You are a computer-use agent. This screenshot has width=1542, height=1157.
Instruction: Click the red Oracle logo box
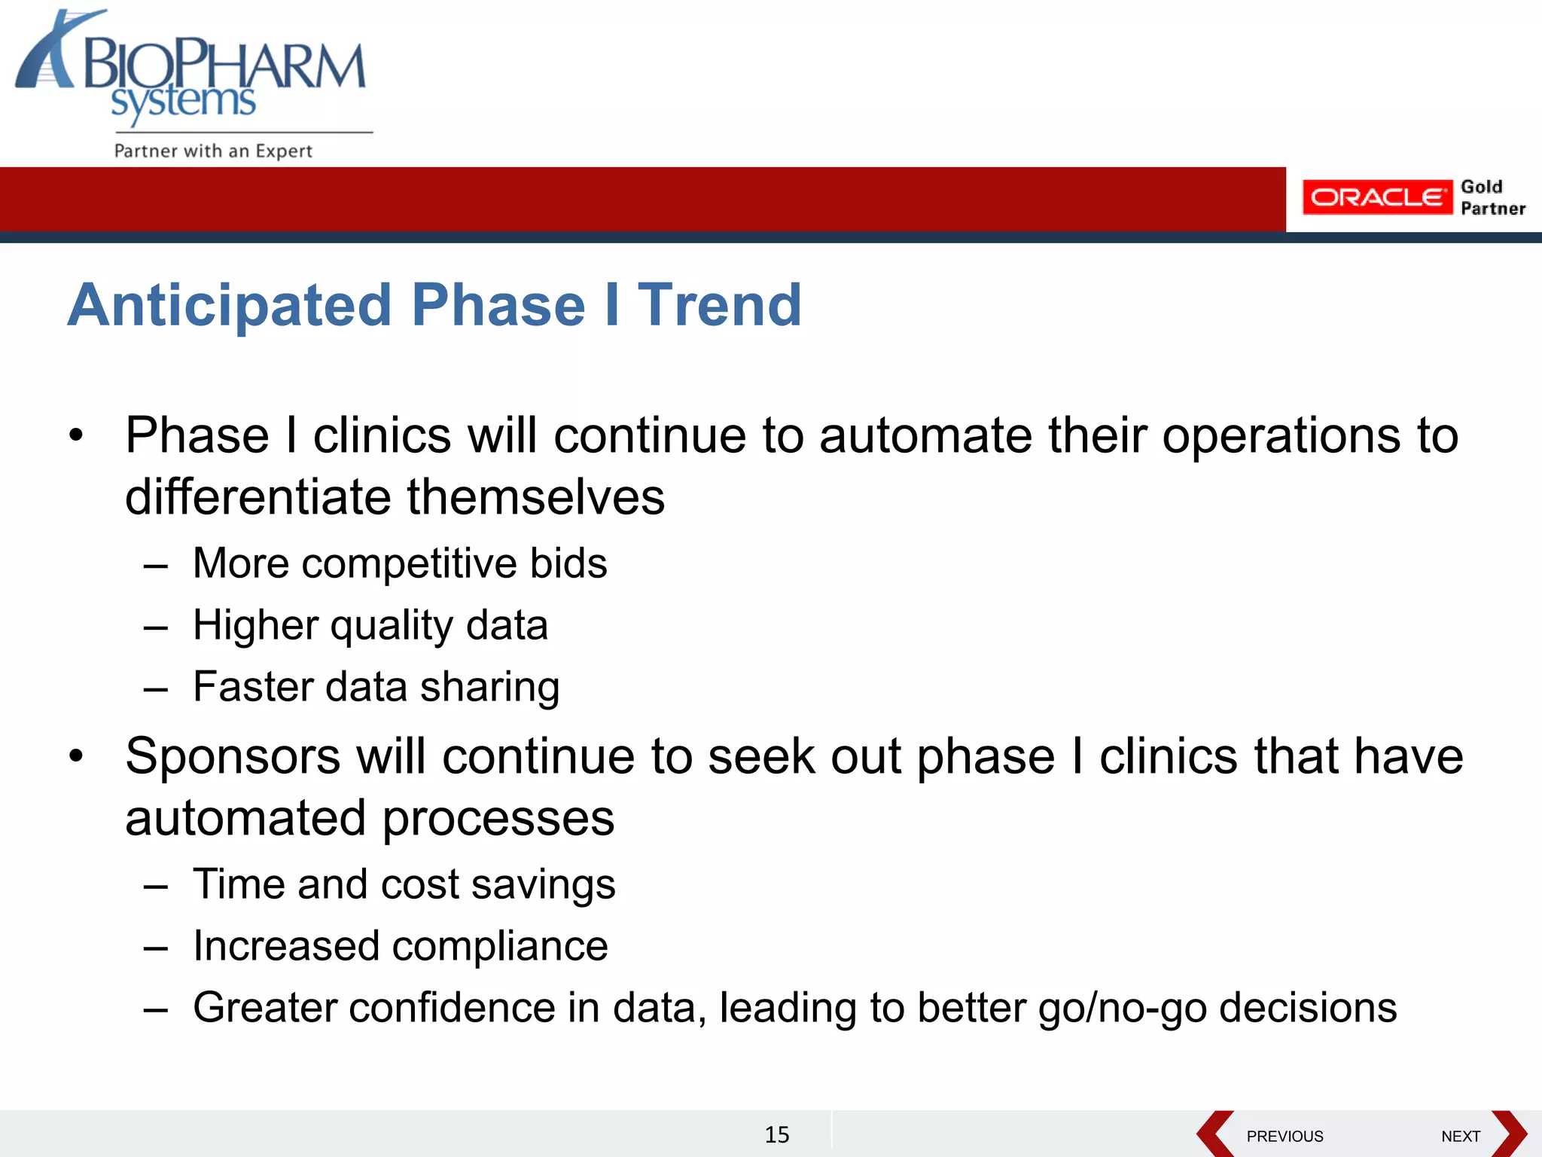pos(1376,197)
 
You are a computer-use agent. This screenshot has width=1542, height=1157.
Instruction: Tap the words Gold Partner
pos(1492,197)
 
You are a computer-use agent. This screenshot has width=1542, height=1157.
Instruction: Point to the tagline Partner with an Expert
pos(213,151)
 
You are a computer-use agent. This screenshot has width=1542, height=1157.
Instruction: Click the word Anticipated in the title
pos(230,305)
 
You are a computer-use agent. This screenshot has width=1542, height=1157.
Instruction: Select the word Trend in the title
pos(719,305)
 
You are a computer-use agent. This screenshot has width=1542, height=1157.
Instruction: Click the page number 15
pos(776,1134)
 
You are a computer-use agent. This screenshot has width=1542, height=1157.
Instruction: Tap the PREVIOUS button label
pos(1284,1136)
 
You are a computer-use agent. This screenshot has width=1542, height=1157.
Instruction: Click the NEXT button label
pos(1460,1136)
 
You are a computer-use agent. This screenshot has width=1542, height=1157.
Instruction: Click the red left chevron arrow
pos(1214,1134)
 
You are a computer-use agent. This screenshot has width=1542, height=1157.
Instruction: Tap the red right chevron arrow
pos(1510,1134)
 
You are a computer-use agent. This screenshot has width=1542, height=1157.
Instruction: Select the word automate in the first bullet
pos(925,436)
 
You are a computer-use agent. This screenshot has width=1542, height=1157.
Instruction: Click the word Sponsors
pos(233,756)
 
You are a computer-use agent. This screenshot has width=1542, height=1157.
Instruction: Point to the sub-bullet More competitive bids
pos(399,563)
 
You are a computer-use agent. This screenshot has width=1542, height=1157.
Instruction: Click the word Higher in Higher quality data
pos(255,625)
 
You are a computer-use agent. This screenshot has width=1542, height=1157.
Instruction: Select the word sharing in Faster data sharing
pos(489,687)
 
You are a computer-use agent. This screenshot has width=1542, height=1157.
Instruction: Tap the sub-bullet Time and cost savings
pos(404,884)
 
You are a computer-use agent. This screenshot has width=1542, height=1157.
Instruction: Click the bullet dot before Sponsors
pos(75,756)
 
